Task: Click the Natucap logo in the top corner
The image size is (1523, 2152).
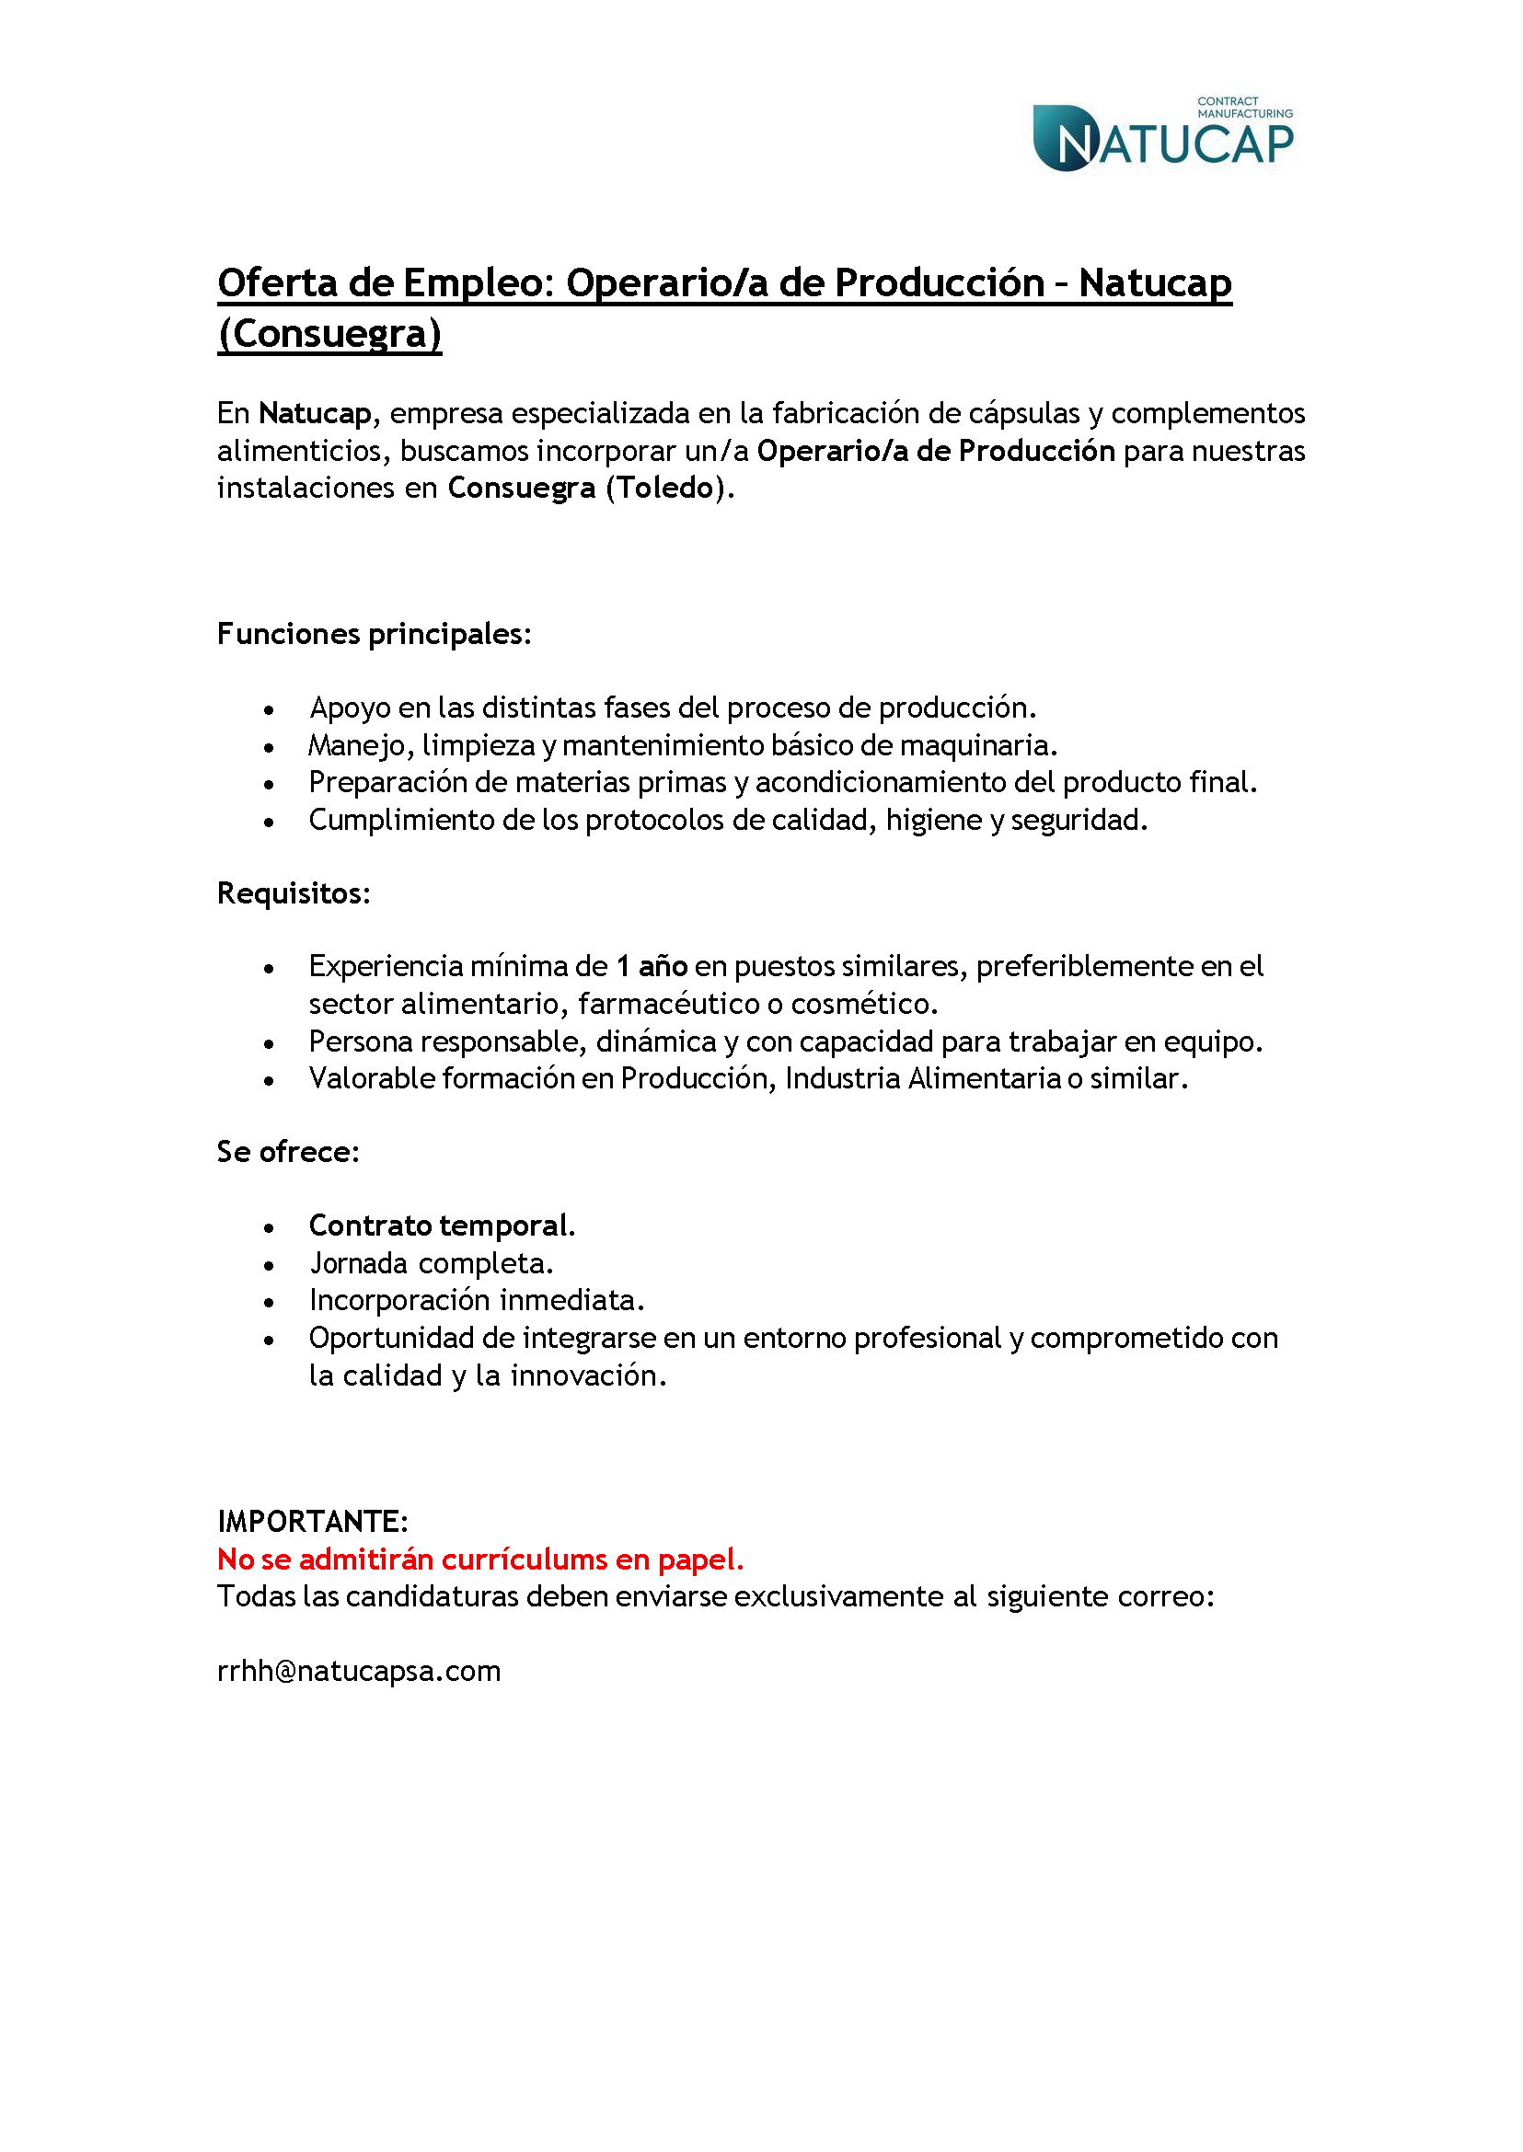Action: (1162, 137)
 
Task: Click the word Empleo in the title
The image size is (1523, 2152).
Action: (478, 283)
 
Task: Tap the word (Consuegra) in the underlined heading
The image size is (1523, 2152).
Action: (329, 335)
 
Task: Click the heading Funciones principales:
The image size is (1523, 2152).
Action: (375, 634)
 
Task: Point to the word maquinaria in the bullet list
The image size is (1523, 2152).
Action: (978, 745)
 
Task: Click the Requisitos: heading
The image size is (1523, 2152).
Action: (294, 893)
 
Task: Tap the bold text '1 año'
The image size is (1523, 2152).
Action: (652, 966)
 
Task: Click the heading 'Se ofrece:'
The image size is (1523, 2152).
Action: (288, 1152)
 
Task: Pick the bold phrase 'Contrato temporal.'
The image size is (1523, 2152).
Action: (442, 1226)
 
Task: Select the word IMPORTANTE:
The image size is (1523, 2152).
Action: (312, 1521)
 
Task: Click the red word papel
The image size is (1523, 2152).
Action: (700, 1559)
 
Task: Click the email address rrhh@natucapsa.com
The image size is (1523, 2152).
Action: (359, 1671)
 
